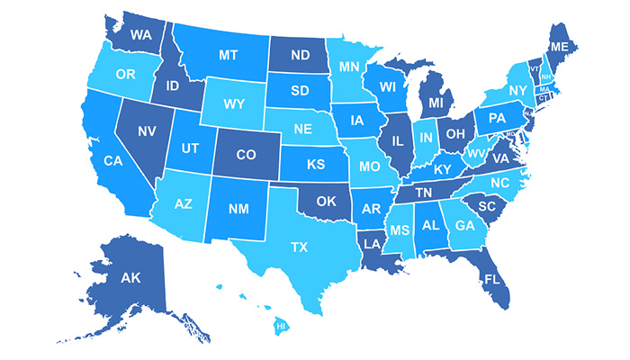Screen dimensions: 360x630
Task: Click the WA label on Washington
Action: tap(140, 35)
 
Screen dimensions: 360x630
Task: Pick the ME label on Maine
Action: tap(559, 46)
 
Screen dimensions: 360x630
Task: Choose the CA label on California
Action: tap(112, 161)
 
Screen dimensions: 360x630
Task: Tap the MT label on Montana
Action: tap(228, 55)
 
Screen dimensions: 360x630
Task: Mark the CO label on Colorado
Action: tap(246, 154)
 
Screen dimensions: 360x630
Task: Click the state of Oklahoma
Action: tap(327, 201)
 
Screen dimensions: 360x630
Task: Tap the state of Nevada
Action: tap(147, 130)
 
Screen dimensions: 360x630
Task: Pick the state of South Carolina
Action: tap(488, 206)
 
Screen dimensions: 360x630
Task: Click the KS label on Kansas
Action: tap(315, 166)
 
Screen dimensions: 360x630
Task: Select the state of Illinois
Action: tap(393, 141)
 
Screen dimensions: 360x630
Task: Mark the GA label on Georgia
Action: tap(464, 225)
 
